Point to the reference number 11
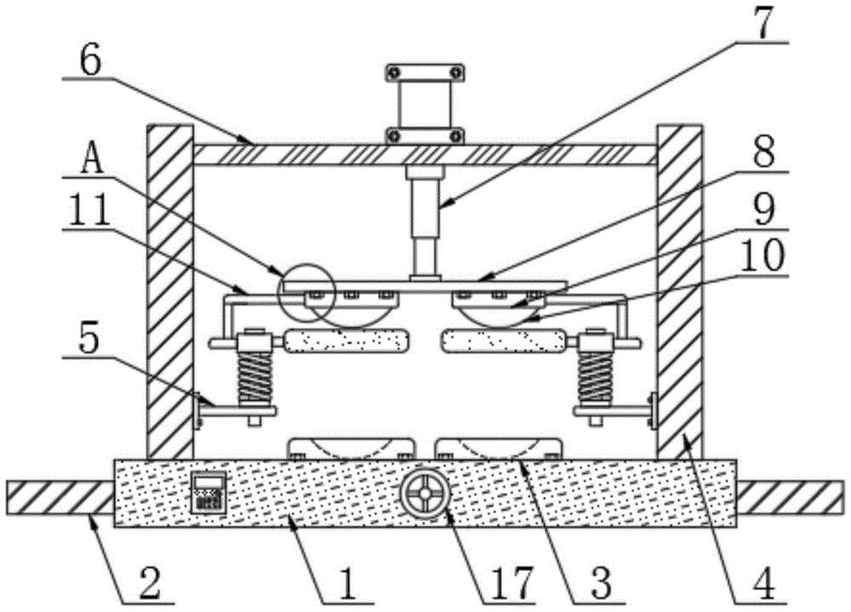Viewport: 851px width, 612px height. click(89, 211)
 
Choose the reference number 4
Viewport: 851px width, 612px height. click(764, 584)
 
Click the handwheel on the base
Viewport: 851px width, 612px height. click(425, 494)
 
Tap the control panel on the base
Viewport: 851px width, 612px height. click(209, 492)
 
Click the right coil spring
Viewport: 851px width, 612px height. click(596, 377)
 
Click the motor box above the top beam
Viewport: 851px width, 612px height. click(425, 104)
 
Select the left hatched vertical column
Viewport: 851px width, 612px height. click(170, 292)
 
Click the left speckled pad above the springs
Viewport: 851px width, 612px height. click(346, 341)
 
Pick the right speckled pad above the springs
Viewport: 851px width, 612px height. click(505, 341)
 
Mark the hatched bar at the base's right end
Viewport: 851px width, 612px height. click(791, 497)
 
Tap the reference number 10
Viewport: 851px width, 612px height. click(762, 255)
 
